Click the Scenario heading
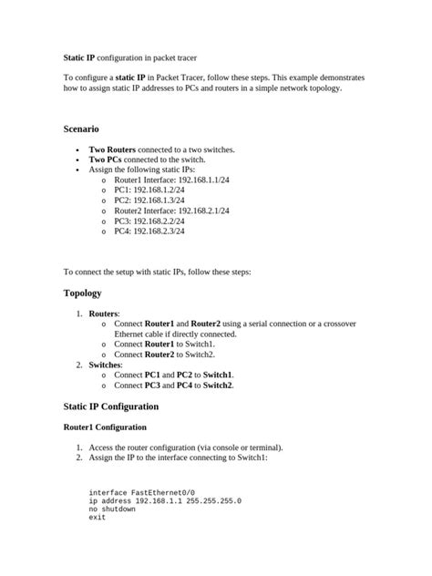click(87, 129)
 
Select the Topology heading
click(82, 293)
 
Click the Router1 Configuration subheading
click(105, 427)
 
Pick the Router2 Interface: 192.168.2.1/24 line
click(171, 211)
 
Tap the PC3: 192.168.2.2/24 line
click(149, 221)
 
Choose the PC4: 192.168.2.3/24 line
click(149, 231)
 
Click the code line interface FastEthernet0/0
click(141, 492)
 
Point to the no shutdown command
click(112, 509)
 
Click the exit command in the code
click(98, 518)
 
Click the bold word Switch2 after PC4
click(218, 386)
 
